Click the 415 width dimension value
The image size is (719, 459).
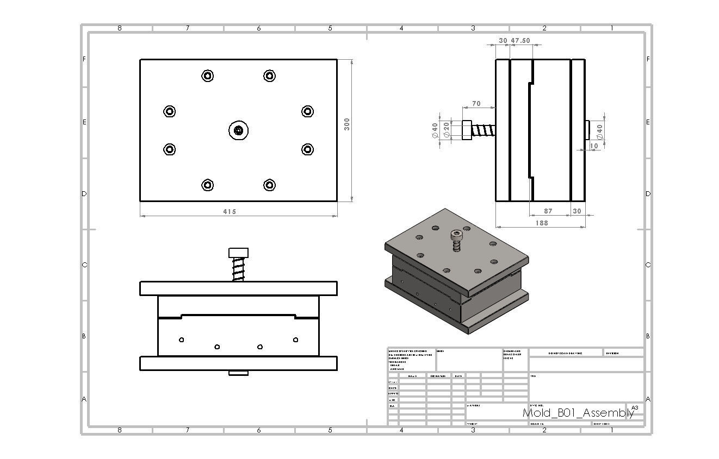point(230,212)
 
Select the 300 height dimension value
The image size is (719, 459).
point(347,124)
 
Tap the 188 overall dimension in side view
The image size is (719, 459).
point(542,223)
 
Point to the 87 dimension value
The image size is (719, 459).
point(548,211)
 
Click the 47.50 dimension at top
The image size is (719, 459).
point(520,41)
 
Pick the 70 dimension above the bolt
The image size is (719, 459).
point(476,103)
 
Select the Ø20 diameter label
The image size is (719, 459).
point(447,130)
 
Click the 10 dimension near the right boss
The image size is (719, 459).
point(594,146)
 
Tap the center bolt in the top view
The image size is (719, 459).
point(238,130)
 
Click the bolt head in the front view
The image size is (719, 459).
point(238,253)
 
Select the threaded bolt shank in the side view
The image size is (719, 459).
point(484,130)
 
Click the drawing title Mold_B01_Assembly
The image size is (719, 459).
point(578,413)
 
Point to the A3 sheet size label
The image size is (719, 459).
point(635,407)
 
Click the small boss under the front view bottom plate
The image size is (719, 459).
point(238,373)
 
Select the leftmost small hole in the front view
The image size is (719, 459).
point(182,340)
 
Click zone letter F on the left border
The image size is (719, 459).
point(84,59)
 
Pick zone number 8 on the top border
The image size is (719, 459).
point(120,28)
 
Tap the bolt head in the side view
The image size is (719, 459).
point(467,130)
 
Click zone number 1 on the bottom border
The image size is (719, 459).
point(612,430)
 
